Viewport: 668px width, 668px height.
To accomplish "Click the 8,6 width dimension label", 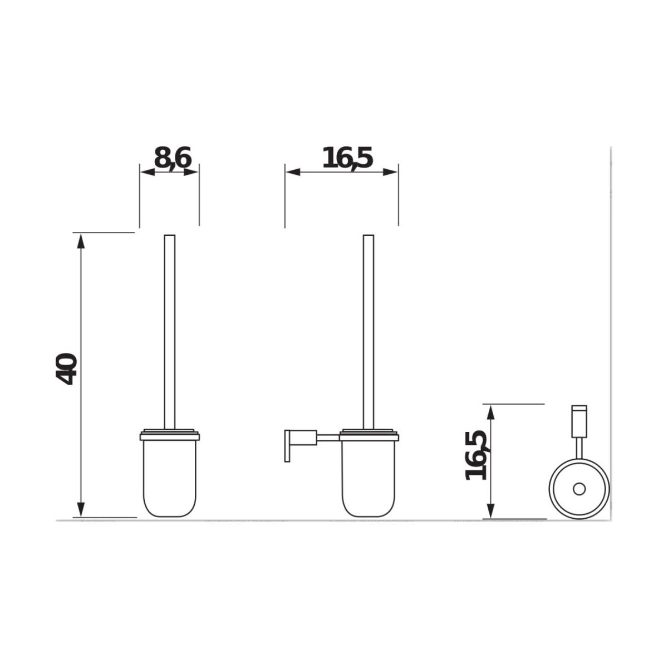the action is tap(173, 159).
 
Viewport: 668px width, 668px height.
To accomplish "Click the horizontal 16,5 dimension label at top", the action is tap(347, 159).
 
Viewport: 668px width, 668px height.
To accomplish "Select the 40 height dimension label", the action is tap(66, 369).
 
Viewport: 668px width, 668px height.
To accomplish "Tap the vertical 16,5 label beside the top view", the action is tap(476, 455).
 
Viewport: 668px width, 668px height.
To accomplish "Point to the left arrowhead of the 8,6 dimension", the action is tap(147, 172).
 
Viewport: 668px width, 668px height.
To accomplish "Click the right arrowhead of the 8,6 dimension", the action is tap(191, 172).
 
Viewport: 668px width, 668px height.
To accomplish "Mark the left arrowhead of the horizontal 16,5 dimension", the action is tap(293, 172).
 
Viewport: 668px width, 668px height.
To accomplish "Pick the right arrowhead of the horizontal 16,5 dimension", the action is tap(390, 172).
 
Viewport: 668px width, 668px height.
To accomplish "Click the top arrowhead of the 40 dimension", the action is tap(81, 241).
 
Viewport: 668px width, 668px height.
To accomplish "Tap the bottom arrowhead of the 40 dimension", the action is tap(81, 509).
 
